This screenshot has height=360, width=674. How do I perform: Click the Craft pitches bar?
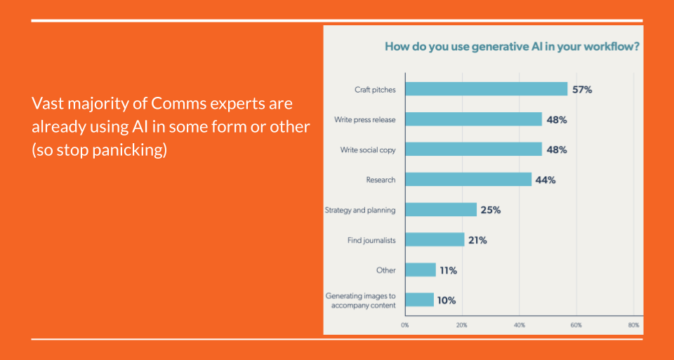[x=486, y=89]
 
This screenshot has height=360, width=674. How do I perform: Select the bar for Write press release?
[x=473, y=119]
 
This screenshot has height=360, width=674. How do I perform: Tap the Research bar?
[x=468, y=180]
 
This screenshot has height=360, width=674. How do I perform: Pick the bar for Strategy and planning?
[x=440, y=210]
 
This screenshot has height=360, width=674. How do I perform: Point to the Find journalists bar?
[x=435, y=240]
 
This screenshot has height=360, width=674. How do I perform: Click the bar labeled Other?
[x=420, y=270]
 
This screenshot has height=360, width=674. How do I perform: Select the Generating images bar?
[x=418, y=300]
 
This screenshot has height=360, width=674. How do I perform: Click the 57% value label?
[x=582, y=90]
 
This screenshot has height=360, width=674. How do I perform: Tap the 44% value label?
[x=546, y=180]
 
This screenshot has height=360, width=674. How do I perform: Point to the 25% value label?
[x=491, y=210]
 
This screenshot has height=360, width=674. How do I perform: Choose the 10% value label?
[x=446, y=300]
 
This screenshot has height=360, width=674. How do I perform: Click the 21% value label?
[x=477, y=240]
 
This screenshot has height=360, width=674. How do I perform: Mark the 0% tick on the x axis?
[x=405, y=325]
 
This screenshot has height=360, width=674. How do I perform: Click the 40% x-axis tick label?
[x=520, y=325]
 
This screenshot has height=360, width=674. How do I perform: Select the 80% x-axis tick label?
[x=633, y=325]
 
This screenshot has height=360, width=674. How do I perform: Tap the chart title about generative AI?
[x=511, y=47]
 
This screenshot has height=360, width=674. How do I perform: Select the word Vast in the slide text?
[x=46, y=104]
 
